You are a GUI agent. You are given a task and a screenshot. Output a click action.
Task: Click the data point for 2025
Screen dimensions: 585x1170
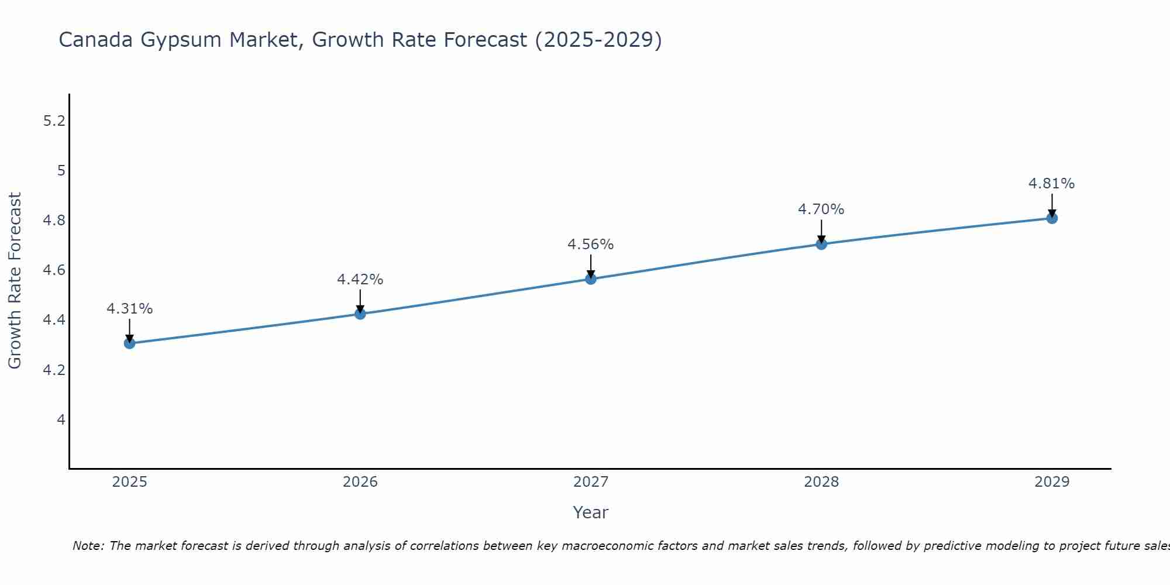pos(129,343)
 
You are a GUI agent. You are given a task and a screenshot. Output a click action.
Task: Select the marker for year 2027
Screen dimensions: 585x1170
pos(590,279)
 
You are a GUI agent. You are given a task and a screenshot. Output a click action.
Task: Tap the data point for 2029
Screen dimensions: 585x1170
pos(1051,218)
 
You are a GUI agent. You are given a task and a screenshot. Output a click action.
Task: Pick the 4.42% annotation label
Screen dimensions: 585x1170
pos(360,280)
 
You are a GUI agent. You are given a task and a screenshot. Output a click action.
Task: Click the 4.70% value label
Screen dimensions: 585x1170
pos(821,209)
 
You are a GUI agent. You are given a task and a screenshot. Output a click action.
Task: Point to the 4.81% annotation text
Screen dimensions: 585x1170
pos(1051,184)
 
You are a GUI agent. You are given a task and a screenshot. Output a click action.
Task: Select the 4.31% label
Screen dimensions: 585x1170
pos(129,309)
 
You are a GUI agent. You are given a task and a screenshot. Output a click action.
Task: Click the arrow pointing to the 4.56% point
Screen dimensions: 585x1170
pos(590,266)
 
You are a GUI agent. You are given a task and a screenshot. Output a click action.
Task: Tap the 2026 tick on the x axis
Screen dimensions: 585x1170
pos(360,482)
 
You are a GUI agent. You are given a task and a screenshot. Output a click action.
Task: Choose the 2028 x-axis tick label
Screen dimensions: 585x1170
pos(821,482)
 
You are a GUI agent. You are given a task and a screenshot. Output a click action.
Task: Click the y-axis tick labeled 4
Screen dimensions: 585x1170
pos(61,419)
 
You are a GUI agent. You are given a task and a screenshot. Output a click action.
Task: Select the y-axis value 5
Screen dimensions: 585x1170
pos(61,171)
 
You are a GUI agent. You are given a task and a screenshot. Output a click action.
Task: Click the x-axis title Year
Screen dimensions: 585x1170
pos(590,512)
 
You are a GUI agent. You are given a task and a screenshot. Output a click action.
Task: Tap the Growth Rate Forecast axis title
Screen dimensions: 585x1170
pos(15,281)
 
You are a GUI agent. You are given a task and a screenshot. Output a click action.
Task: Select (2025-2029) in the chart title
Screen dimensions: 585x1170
pos(598,40)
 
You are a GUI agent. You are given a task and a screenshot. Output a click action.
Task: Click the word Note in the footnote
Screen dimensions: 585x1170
pos(88,546)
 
